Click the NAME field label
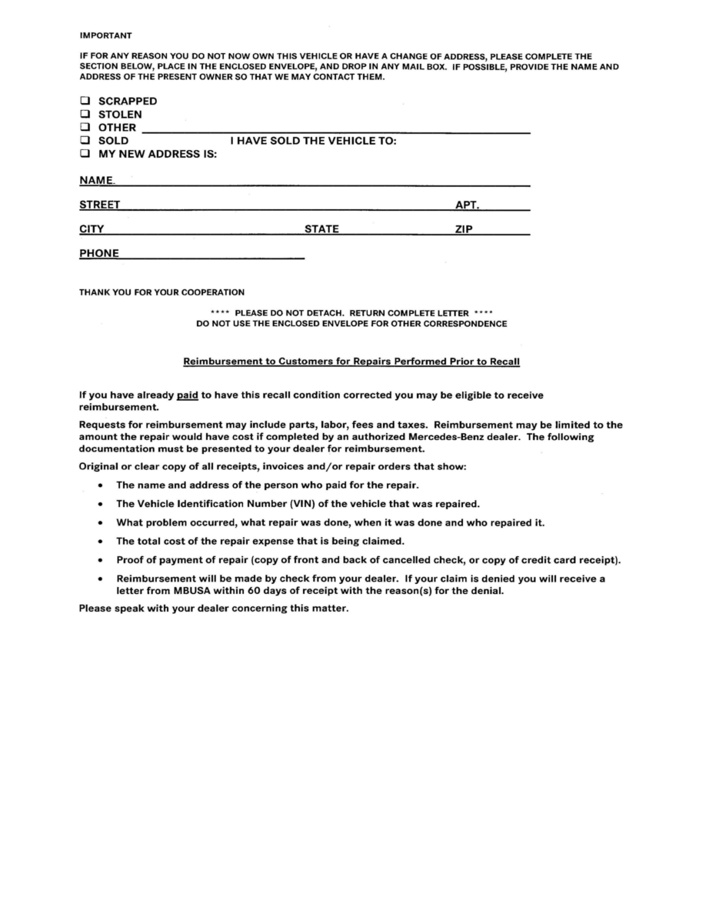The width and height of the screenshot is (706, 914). click(96, 181)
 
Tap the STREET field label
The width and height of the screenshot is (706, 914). click(99, 205)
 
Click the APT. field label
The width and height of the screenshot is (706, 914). click(468, 205)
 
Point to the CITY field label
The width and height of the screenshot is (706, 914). click(92, 229)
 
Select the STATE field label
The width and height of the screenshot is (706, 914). click(321, 229)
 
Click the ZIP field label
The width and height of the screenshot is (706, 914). click(464, 229)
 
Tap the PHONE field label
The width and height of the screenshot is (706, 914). click(99, 254)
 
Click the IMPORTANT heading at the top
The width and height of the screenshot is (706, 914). click(105, 35)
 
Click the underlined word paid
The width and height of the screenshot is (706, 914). click(188, 395)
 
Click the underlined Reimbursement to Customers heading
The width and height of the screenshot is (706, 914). click(352, 361)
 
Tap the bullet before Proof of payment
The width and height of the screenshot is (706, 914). click(102, 560)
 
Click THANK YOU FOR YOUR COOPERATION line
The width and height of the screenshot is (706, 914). click(162, 292)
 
